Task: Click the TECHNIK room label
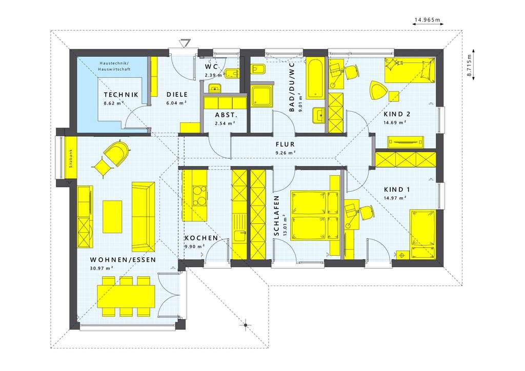(x=121, y=95)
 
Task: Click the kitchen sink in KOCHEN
(x=239, y=236)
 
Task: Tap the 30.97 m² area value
(x=102, y=268)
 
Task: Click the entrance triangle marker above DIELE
(x=185, y=43)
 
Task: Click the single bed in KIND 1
(x=422, y=235)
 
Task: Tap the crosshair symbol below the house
(x=246, y=324)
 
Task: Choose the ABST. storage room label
(x=224, y=115)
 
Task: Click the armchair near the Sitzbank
(x=116, y=153)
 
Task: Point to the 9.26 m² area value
(x=285, y=152)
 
